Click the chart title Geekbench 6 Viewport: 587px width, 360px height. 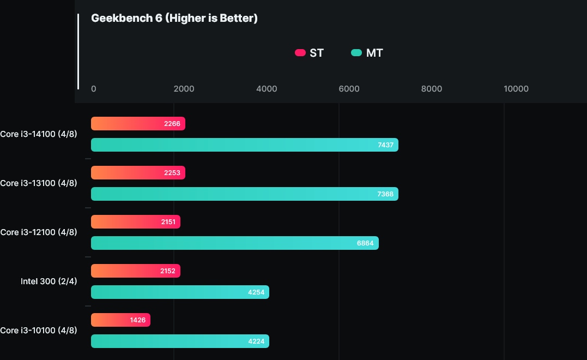click(x=174, y=19)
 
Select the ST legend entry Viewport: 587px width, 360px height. click(x=309, y=53)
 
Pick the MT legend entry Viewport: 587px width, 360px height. click(x=367, y=53)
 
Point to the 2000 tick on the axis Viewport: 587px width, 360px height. click(x=184, y=89)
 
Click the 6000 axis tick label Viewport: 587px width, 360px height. click(x=349, y=89)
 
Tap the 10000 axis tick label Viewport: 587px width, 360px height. click(x=516, y=89)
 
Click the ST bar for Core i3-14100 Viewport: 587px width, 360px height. click(x=138, y=124)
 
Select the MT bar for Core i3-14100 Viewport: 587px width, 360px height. click(x=244, y=145)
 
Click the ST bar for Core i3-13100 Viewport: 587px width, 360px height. click(x=138, y=173)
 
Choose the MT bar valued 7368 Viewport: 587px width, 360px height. click(x=244, y=194)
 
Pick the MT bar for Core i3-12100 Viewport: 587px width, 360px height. click(x=234, y=243)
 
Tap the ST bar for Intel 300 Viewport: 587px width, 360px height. click(x=135, y=271)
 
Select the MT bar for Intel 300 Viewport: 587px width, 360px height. click(x=180, y=292)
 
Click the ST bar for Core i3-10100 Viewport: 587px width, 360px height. click(x=120, y=320)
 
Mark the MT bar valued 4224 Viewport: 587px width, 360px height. click(x=180, y=341)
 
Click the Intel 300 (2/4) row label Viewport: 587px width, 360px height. click(x=49, y=281)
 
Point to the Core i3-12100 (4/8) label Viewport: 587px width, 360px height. click(x=39, y=232)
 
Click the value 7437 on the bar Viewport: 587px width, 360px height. click(x=385, y=145)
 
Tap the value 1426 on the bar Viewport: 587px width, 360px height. click(x=138, y=320)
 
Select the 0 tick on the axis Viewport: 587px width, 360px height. click(x=94, y=89)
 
